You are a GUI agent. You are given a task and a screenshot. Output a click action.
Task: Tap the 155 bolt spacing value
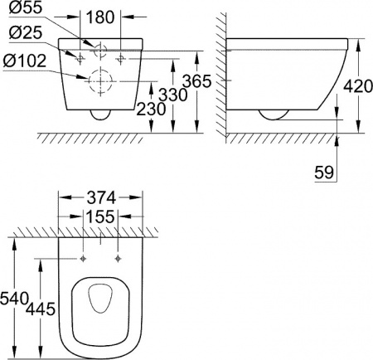(101, 216)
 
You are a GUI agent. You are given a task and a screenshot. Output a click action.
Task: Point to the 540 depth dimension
(16, 296)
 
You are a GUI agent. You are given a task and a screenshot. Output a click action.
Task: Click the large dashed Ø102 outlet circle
(99, 80)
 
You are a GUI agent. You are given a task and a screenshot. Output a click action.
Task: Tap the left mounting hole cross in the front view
(80, 60)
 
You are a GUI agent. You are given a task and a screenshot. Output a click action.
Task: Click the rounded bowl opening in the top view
(99, 311)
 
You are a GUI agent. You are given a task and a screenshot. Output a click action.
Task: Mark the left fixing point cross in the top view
(82, 259)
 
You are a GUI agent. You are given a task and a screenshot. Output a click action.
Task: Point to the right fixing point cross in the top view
(119, 259)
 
